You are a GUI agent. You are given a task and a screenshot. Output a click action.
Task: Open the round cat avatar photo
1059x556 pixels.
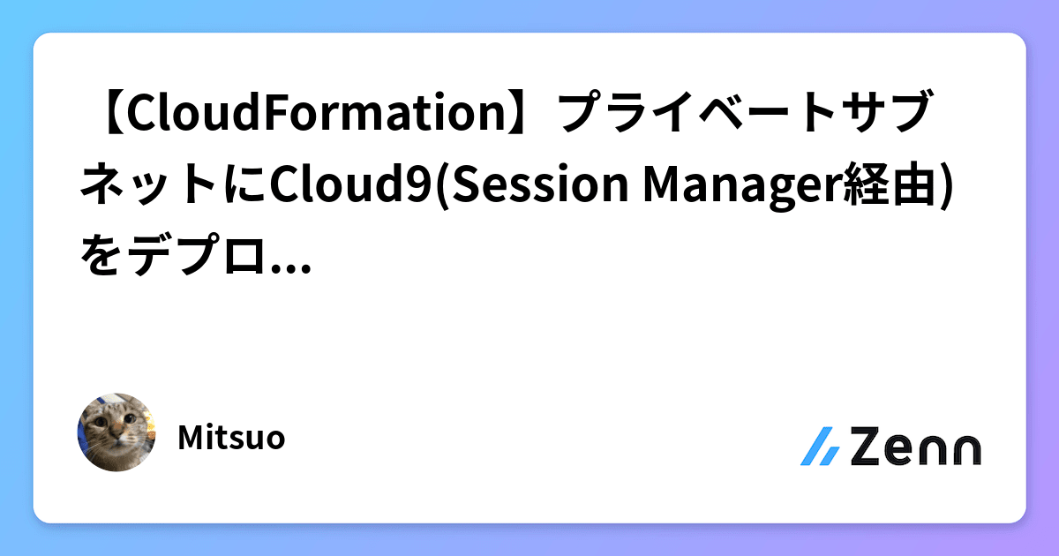[x=116, y=432]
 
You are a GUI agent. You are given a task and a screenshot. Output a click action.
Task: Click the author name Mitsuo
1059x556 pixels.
[x=231, y=439]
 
